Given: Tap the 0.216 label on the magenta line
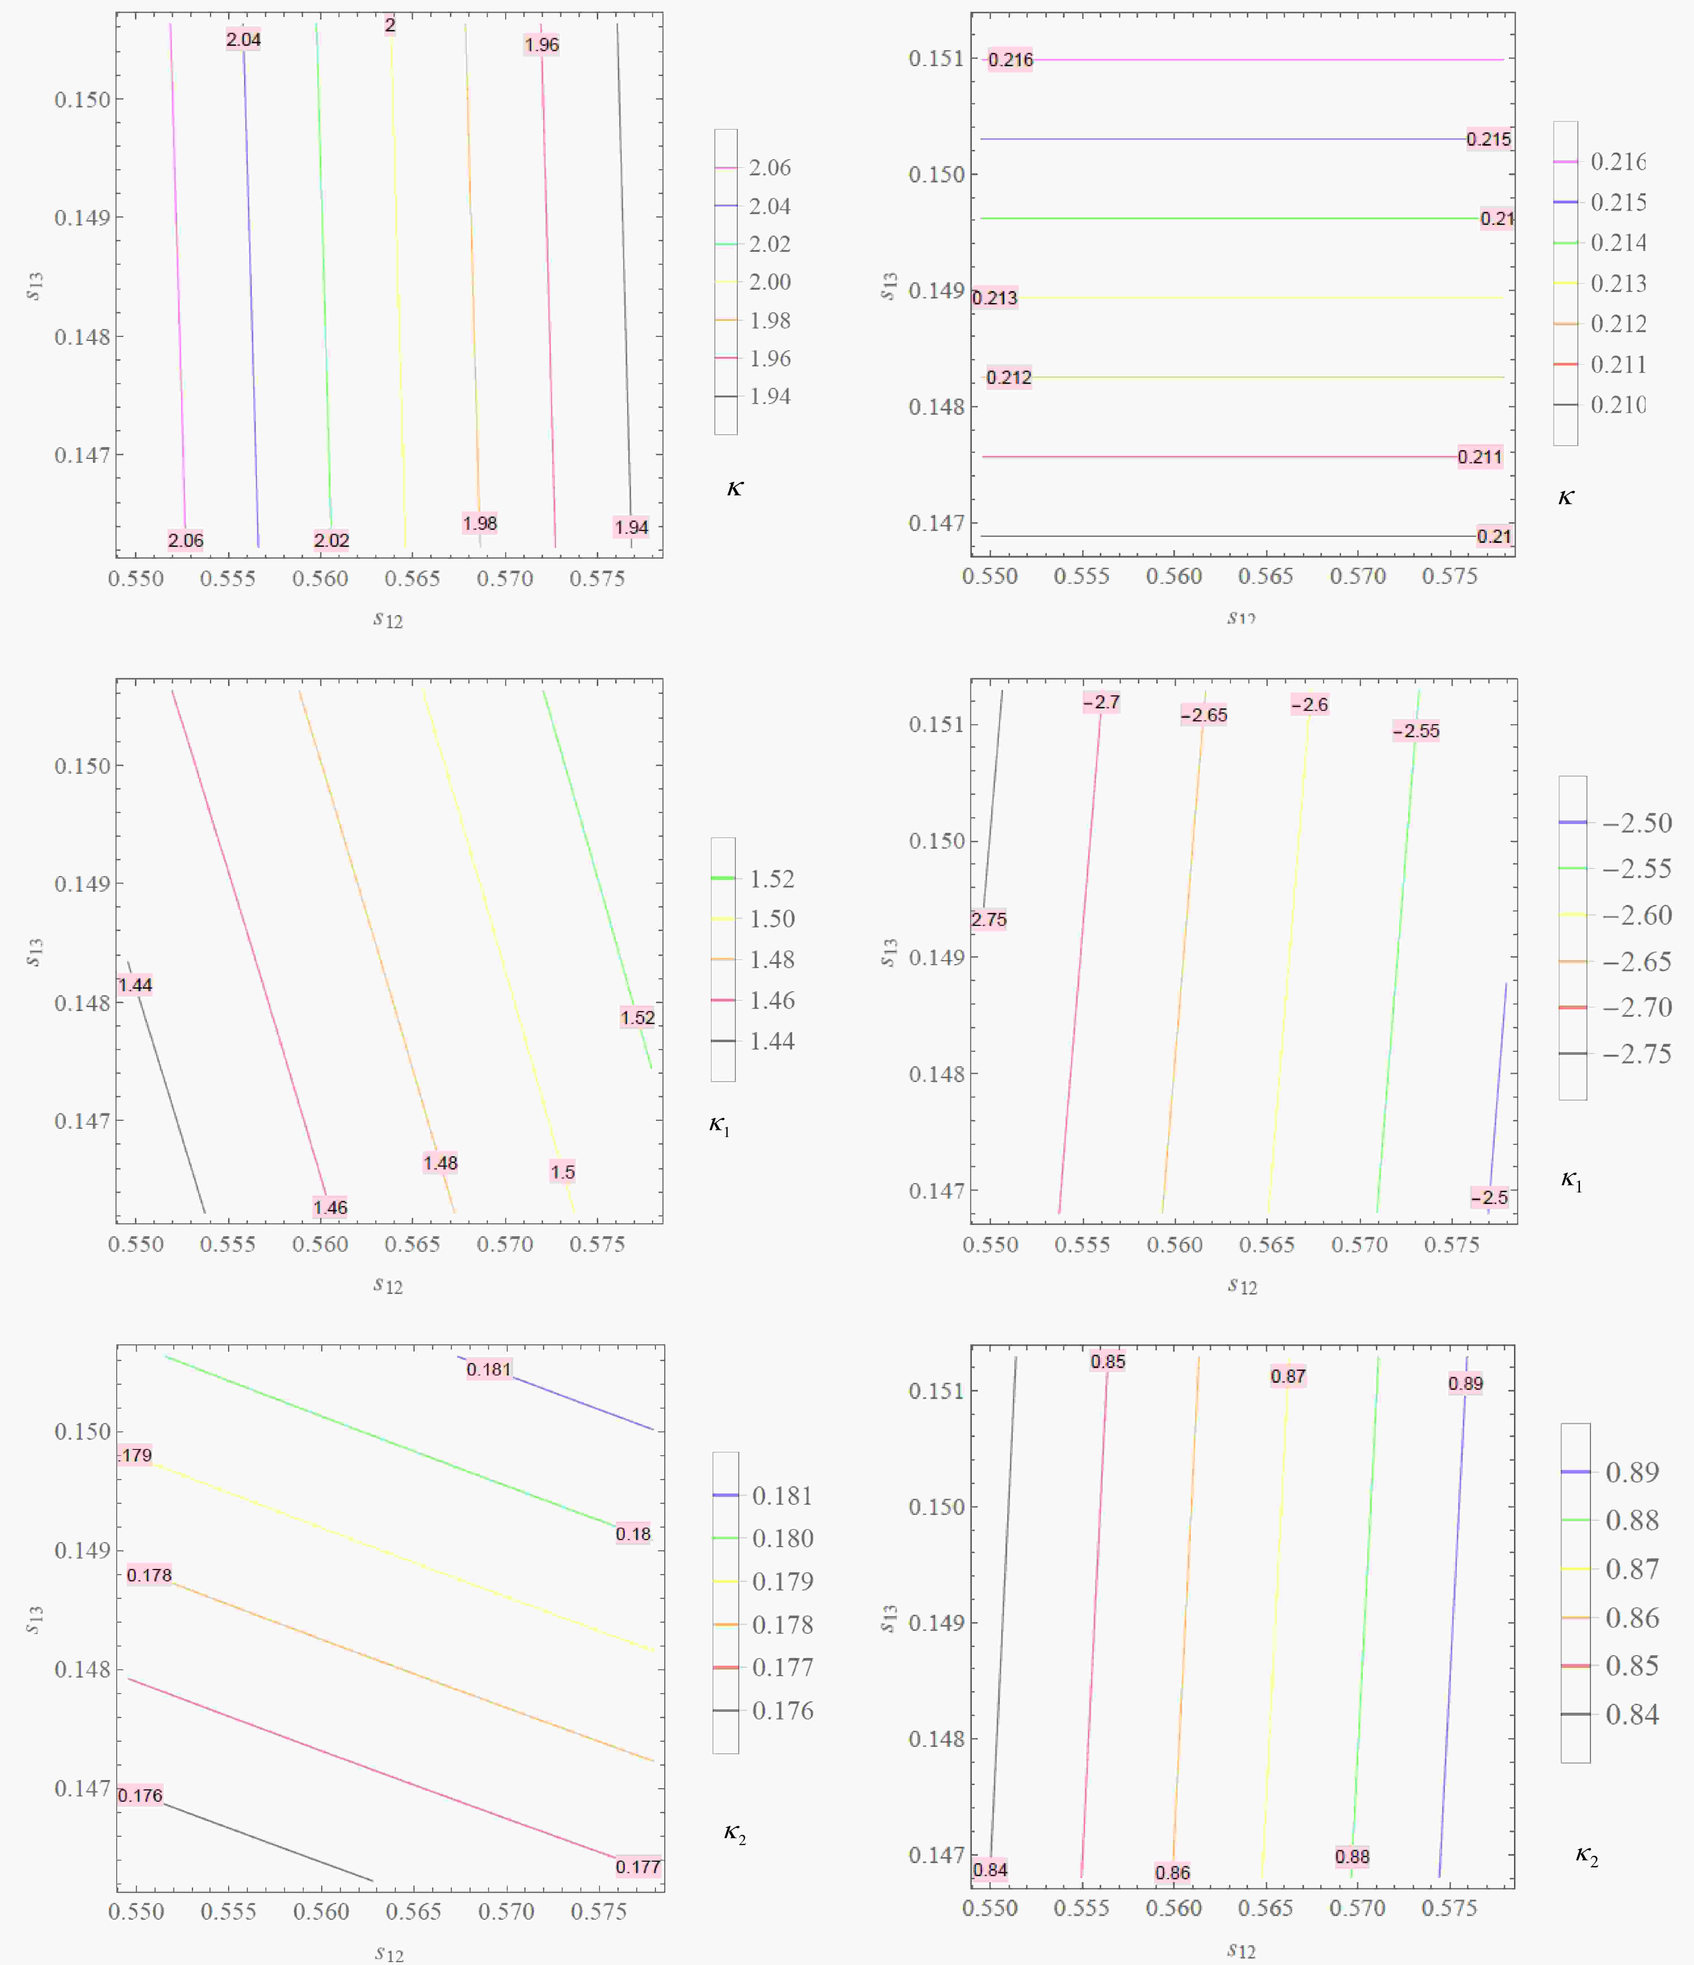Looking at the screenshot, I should [1010, 60].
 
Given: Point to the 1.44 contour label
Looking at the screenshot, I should [135, 984].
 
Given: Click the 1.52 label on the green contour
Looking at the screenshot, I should [637, 1018].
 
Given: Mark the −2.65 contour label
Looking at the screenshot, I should [1204, 715].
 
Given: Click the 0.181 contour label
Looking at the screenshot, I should [488, 1368].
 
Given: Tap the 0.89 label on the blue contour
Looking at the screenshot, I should [1465, 1384].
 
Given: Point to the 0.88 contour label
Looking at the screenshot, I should [1352, 1856].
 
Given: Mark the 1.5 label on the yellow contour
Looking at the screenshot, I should [563, 1171].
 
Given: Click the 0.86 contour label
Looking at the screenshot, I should [1172, 1872].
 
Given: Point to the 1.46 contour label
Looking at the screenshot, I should [330, 1207].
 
